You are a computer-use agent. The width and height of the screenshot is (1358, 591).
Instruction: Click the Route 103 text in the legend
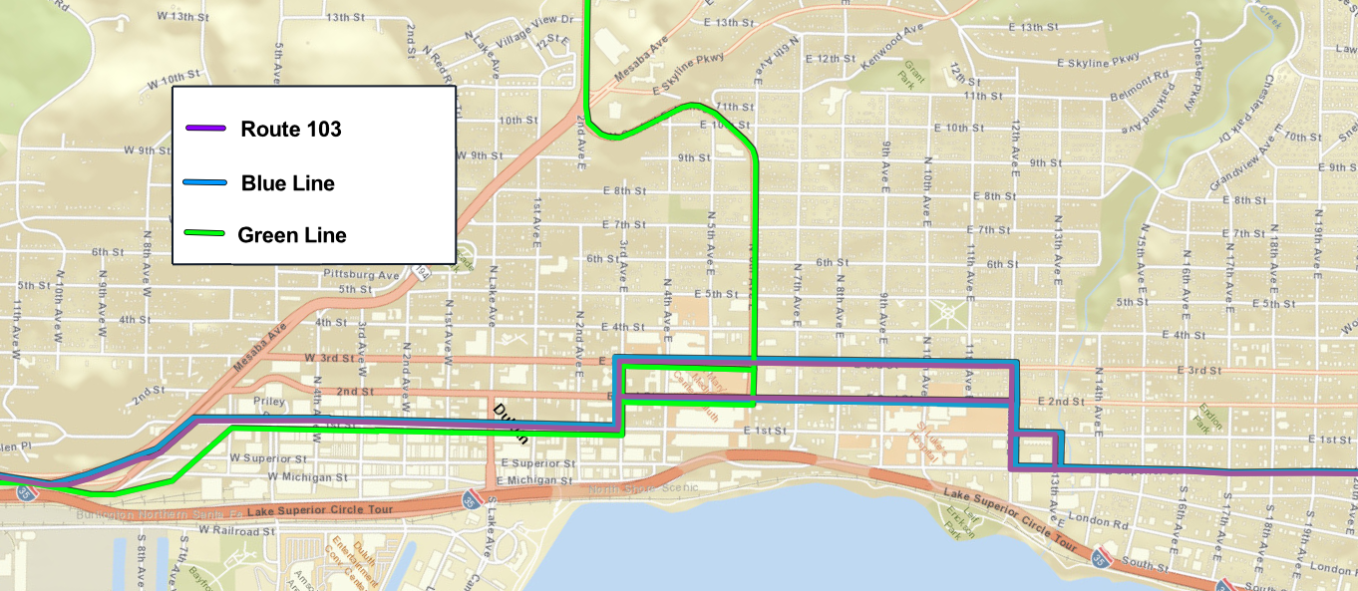291,130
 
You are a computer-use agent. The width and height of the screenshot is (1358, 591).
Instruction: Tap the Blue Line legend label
288,183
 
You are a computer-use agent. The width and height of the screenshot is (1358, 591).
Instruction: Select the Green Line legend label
292,236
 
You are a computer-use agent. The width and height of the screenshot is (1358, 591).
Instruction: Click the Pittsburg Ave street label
361,274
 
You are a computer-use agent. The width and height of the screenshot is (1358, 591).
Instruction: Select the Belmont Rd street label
1140,76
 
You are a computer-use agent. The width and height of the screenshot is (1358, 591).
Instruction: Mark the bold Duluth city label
510,420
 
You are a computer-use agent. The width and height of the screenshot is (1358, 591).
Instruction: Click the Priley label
269,402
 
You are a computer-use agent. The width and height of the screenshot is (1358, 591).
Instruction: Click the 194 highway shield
423,271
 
